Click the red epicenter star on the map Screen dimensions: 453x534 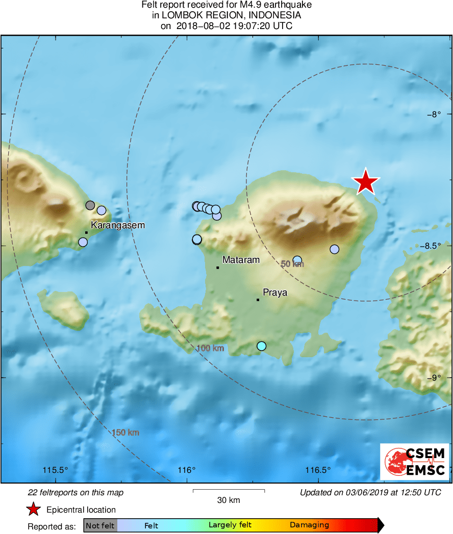(366, 182)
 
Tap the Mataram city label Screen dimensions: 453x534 (241, 260)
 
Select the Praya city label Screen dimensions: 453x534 (275, 292)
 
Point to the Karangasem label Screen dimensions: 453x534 (118, 225)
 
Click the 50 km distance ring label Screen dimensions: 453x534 (292, 264)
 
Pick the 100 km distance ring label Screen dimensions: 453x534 (210, 349)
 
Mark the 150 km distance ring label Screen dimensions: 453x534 (125, 433)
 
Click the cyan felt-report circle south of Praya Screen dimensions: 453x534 (261, 346)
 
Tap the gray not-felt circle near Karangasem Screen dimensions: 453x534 (90, 205)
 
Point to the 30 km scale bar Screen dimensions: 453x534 (229, 491)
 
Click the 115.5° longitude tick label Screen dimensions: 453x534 (56, 470)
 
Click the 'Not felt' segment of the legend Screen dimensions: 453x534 (100, 525)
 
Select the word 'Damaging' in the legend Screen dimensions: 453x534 (309, 525)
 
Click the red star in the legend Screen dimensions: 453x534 (34, 509)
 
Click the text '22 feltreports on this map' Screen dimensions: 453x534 (75, 493)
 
